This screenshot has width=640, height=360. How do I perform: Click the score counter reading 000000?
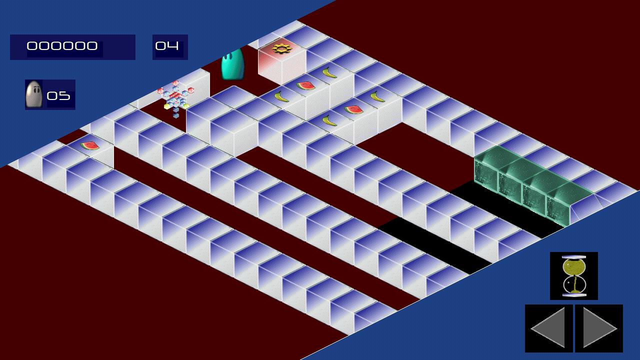click(62, 46)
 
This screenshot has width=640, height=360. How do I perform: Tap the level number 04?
click(167, 46)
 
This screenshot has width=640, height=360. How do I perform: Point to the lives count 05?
click(58, 95)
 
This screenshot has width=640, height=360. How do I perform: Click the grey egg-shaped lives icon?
click(34, 94)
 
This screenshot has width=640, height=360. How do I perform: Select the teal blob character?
click(232, 64)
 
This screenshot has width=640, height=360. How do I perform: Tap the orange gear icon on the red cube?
click(281, 48)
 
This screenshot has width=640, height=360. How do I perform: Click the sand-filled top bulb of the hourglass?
click(573, 267)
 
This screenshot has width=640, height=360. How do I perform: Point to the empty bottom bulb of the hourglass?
click(573, 285)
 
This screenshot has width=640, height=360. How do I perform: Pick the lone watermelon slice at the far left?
click(89, 145)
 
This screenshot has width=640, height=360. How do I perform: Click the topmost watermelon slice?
click(306, 85)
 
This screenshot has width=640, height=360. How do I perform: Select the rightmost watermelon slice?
click(353, 109)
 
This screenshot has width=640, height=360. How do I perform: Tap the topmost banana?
click(329, 73)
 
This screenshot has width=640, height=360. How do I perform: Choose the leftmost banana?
click(281, 97)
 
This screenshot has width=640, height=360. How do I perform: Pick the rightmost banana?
click(377, 96)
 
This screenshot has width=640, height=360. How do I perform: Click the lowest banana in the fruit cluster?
click(329, 120)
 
